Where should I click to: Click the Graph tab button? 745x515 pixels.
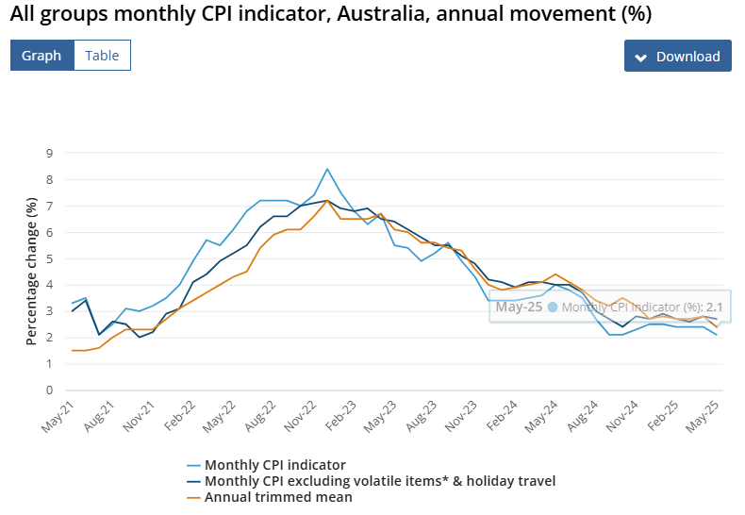tap(41, 56)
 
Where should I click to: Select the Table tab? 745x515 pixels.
tap(102, 56)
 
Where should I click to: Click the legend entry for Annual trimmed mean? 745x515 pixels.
tap(278, 497)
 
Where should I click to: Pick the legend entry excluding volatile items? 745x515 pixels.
tap(379, 481)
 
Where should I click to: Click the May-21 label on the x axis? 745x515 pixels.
tap(58, 415)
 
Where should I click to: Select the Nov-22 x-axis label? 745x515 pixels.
tap(302, 415)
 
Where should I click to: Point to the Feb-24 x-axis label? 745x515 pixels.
tap(505, 415)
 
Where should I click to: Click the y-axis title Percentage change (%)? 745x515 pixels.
tap(31, 271)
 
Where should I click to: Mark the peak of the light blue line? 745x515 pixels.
tap(327, 169)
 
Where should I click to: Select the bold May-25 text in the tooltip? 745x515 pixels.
tap(518, 307)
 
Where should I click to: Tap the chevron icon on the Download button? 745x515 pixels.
tap(640, 57)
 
